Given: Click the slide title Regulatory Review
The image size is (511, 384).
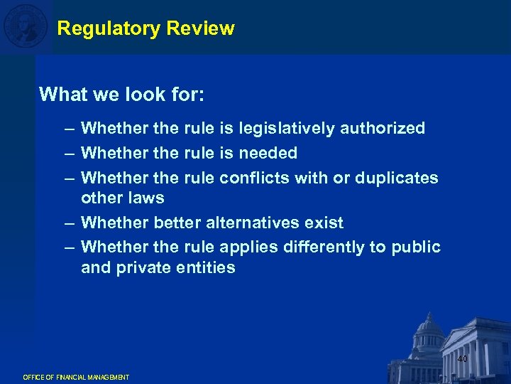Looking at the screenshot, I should tap(145, 28).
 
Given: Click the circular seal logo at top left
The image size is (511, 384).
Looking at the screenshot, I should tap(26, 26).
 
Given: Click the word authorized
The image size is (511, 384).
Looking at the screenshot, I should tap(383, 129).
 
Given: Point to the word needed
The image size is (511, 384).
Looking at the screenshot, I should tap(268, 153).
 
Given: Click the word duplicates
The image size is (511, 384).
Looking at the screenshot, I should tap(397, 177).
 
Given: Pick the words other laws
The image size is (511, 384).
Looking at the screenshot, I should tap(123, 198).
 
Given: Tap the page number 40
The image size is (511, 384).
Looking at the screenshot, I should tap(462, 359).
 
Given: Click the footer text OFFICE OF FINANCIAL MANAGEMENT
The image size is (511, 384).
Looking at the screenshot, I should tap(76, 377).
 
